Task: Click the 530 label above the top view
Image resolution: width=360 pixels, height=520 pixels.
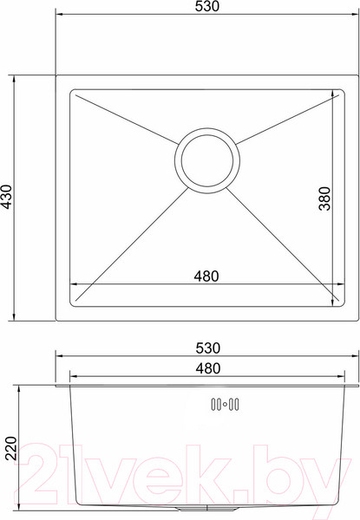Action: [207, 7]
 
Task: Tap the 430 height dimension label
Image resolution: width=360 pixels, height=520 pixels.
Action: [7, 197]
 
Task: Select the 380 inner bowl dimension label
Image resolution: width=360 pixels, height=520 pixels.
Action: [324, 198]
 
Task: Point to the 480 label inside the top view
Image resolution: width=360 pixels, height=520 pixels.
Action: [206, 276]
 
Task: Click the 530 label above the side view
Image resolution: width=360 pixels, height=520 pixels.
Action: [208, 348]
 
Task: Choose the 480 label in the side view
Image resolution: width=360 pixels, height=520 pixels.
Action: [208, 368]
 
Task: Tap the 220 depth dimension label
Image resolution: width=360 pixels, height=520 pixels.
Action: [10, 448]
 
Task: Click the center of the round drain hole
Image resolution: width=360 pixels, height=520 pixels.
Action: [207, 160]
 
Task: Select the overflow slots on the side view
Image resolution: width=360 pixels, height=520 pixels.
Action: [225, 404]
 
